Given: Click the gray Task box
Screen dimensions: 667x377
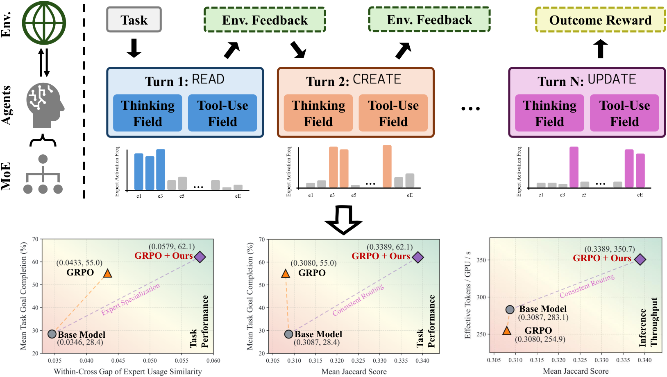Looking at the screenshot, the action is tap(134, 20).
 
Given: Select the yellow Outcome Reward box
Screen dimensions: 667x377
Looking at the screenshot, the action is tap(600, 20).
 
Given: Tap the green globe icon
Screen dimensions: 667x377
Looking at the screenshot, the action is tap(44, 23).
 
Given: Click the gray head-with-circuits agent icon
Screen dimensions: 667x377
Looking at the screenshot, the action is tap(45, 105).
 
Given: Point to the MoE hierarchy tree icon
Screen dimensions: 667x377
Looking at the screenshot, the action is tap(43, 174).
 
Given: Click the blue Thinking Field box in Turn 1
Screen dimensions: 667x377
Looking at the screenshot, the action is tap(147, 113).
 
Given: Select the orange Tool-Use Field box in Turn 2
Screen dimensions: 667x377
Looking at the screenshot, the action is tap(393, 113).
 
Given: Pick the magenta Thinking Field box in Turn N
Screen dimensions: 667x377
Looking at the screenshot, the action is tap(549, 113).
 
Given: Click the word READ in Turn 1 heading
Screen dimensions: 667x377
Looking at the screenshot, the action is tap(208, 79).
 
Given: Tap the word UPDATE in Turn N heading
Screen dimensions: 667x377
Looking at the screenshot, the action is tap(612, 79).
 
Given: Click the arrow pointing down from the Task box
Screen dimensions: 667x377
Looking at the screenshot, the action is tap(134, 48).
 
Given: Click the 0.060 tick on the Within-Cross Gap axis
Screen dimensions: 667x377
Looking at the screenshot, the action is tap(213, 361).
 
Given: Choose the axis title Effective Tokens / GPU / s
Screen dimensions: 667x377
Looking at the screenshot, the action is tap(467, 295).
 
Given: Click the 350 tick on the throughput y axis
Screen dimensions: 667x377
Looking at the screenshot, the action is tap(481, 260).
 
